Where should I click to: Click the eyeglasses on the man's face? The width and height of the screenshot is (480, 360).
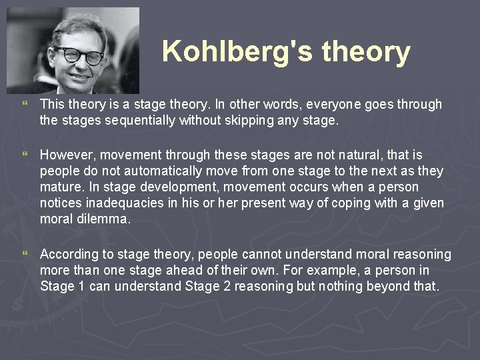click(x=79, y=55)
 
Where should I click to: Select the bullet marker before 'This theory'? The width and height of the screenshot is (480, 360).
click(x=25, y=105)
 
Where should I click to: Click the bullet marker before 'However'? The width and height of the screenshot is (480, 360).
click(x=25, y=155)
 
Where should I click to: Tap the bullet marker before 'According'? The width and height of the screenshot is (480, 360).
click(x=25, y=255)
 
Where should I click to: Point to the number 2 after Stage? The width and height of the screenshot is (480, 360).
click(x=215, y=287)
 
